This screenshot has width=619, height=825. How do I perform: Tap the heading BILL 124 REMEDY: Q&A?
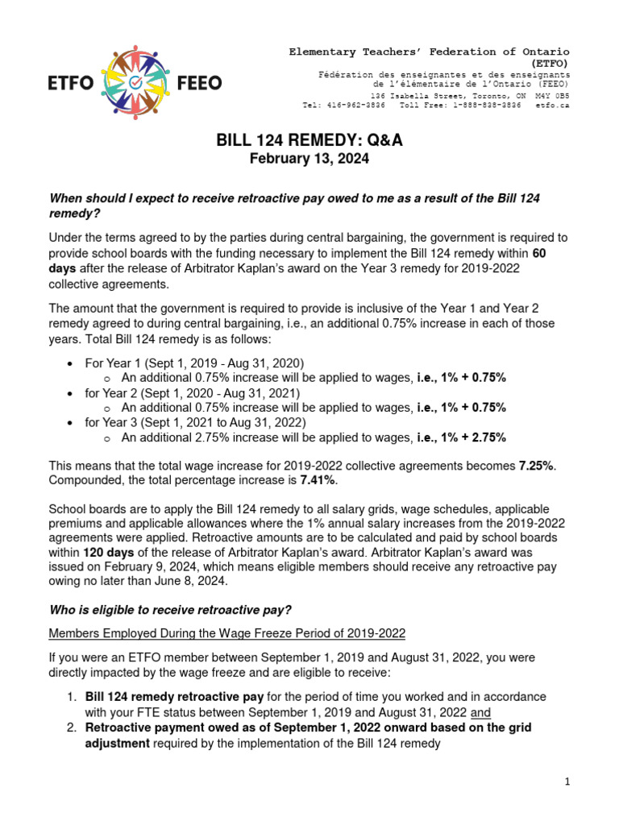point(309,140)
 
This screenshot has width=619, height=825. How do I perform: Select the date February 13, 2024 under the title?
point(309,160)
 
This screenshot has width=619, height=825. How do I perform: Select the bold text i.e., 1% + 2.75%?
point(462,437)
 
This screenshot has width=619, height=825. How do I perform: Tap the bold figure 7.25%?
point(536,466)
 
